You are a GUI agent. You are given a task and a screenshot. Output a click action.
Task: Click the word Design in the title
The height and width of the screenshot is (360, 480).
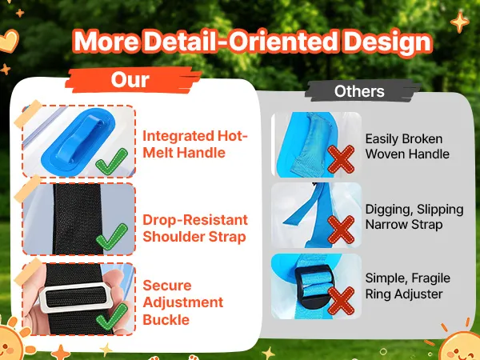(x=388, y=42)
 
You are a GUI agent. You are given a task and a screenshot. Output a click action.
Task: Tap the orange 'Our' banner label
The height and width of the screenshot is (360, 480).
(x=133, y=80)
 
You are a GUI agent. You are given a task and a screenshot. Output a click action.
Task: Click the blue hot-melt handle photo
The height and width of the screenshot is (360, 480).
(x=78, y=141)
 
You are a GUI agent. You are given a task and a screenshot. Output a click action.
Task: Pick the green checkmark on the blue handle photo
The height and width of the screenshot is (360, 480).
(x=111, y=162)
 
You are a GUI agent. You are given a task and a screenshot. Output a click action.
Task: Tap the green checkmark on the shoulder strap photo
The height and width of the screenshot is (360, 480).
(x=112, y=237)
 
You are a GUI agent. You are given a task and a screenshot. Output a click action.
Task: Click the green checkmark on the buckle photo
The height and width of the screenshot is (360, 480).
(x=112, y=317)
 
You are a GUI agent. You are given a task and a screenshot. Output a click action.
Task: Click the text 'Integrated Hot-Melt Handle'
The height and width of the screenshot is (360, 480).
(x=195, y=144)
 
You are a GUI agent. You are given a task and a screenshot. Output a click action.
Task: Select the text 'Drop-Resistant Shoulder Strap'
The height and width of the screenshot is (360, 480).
(x=195, y=228)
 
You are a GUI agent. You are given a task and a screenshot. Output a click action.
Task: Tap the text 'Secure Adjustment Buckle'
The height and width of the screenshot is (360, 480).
(x=182, y=302)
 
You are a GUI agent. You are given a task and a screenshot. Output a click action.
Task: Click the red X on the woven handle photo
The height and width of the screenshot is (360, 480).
(x=341, y=159)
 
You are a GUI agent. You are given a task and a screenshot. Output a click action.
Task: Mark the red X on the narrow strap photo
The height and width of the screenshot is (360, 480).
(x=341, y=230)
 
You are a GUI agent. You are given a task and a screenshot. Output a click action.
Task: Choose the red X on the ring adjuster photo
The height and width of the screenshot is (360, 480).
(x=341, y=301)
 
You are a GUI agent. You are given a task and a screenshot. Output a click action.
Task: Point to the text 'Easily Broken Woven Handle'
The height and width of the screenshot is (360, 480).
(x=407, y=146)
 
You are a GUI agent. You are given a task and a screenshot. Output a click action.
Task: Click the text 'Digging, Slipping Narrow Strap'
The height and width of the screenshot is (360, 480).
(x=414, y=217)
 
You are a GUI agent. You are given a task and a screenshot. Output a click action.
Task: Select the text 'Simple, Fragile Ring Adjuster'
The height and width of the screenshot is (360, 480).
(x=407, y=286)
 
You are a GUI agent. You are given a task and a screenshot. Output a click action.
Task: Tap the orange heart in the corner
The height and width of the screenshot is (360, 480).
(x=9, y=41)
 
